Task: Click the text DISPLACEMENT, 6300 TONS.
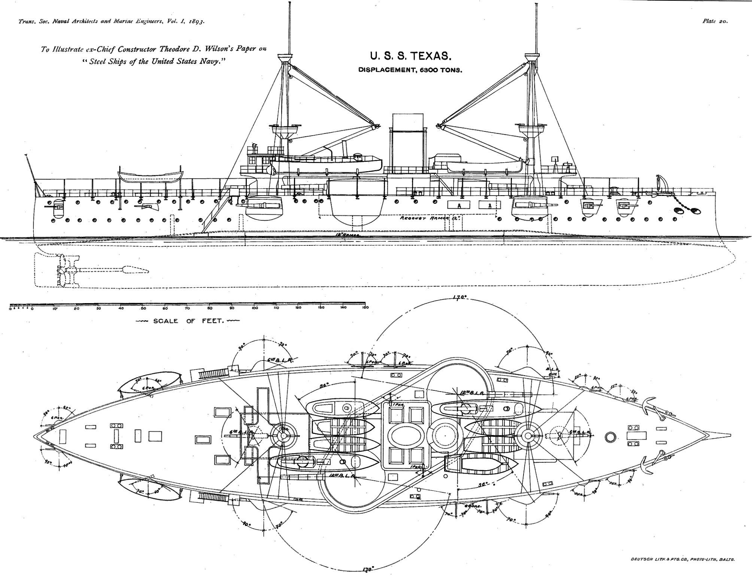(x=410, y=70)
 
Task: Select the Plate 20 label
(x=715, y=21)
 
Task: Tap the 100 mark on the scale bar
(x=254, y=308)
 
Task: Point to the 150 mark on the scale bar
(x=365, y=308)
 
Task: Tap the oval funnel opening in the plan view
(x=403, y=436)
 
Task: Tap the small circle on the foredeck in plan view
(x=610, y=436)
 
